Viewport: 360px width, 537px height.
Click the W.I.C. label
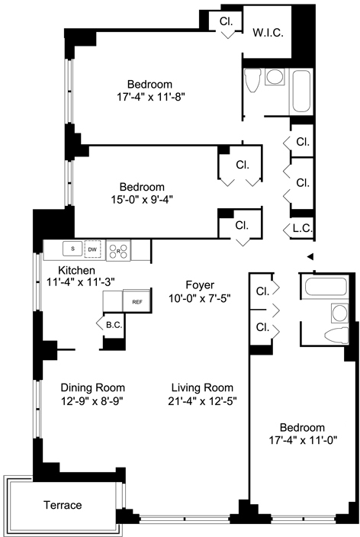[268, 33]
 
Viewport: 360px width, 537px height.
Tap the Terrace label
[63, 505]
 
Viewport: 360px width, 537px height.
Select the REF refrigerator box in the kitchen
[137, 301]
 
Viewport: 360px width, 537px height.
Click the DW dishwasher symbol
[92, 249]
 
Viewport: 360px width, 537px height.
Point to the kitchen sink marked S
[72, 249]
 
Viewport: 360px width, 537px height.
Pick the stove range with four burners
[118, 251]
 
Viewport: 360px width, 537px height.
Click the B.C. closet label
[114, 325]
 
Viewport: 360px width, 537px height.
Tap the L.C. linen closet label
[303, 228]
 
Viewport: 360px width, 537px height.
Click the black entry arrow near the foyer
[310, 256]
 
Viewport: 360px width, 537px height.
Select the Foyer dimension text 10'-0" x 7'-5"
[199, 298]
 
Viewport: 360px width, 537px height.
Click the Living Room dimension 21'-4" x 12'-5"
[202, 400]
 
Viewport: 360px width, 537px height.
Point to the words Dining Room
[93, 387]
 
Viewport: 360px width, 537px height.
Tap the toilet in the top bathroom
[252, 80]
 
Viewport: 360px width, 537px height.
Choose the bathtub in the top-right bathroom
[301, 92]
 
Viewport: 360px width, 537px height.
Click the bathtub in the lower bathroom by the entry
[326, 286]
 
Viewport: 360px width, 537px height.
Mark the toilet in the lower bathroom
[336, 335]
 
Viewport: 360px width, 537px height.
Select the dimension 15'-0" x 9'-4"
[142, 199]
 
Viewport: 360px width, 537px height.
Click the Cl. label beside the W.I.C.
[226, 21]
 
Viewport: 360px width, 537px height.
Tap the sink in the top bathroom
[275, 77]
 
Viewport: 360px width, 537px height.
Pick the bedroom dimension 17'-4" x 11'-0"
[304, 439]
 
